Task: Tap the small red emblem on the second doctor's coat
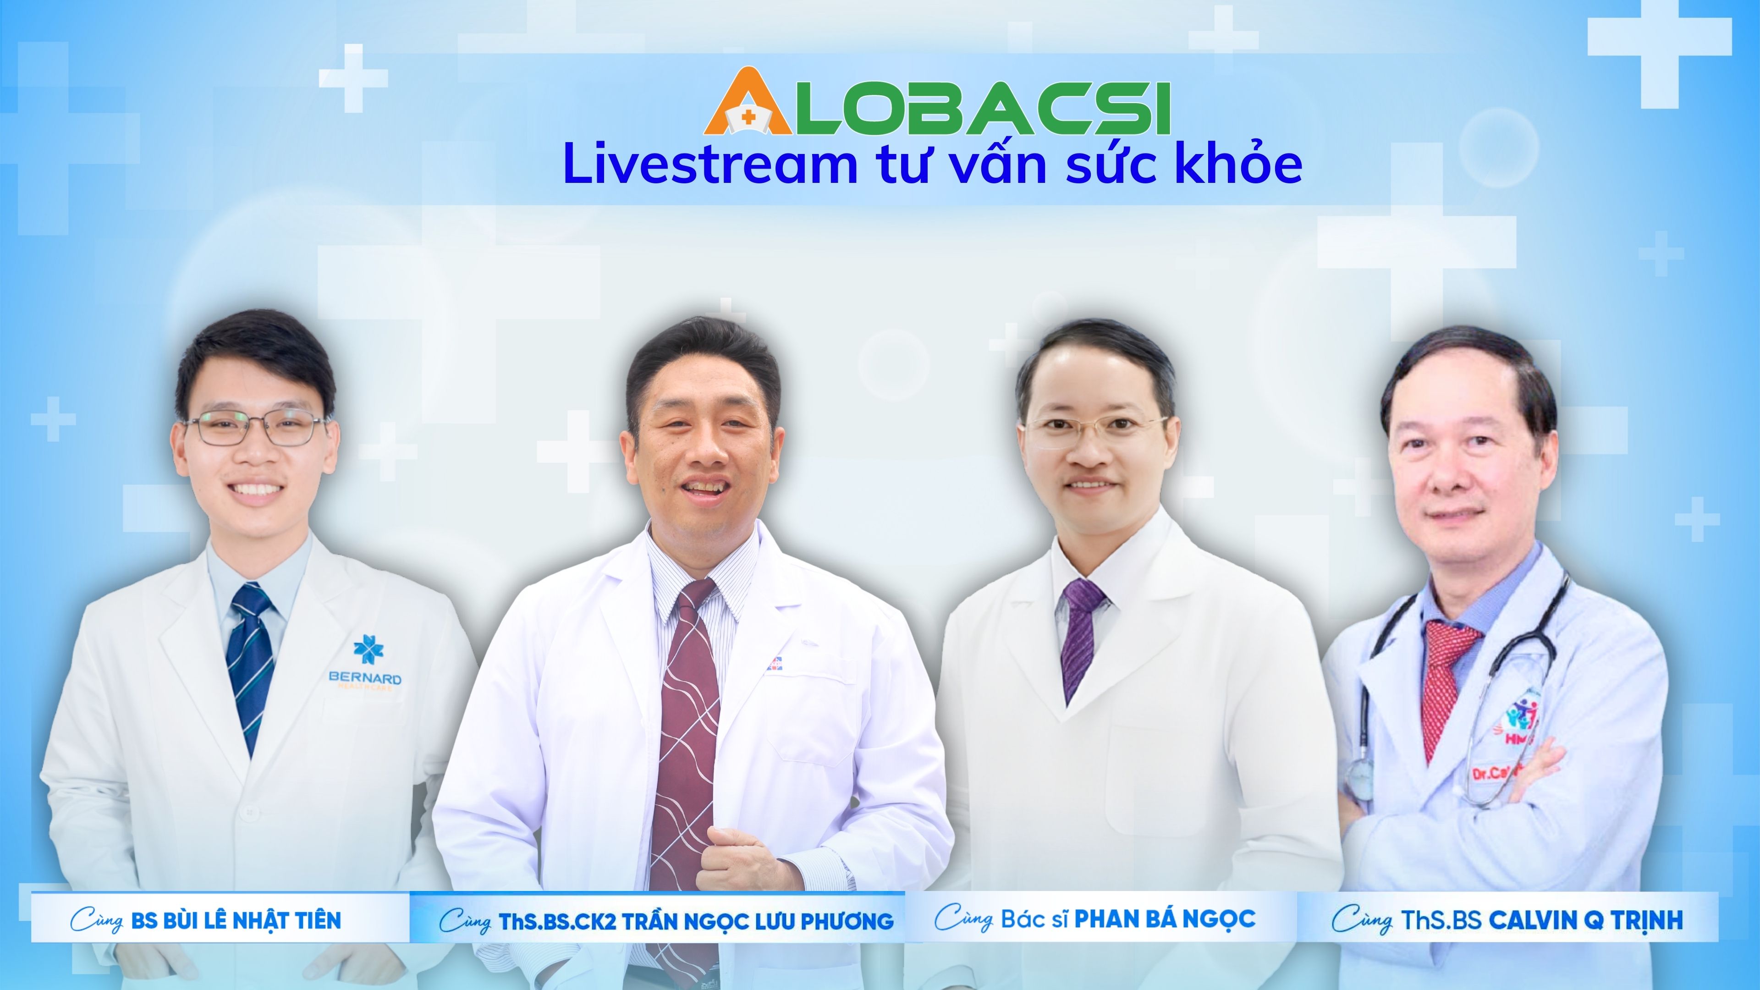pyautogui.click(x=773, y=662)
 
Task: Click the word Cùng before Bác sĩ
pyautogui.click(x=963, y=919)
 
